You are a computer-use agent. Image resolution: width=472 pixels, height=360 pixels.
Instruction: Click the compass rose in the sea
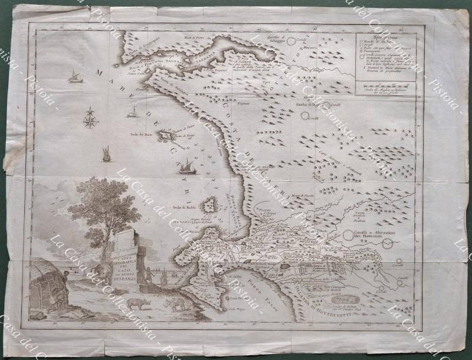click(91, 120)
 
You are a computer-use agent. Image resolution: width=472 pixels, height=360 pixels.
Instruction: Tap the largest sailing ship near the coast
click(188, 165)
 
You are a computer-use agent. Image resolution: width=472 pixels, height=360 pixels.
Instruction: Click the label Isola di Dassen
click(142, 134)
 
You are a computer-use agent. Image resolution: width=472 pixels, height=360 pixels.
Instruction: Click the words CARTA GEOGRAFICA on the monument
click(126, 261)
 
